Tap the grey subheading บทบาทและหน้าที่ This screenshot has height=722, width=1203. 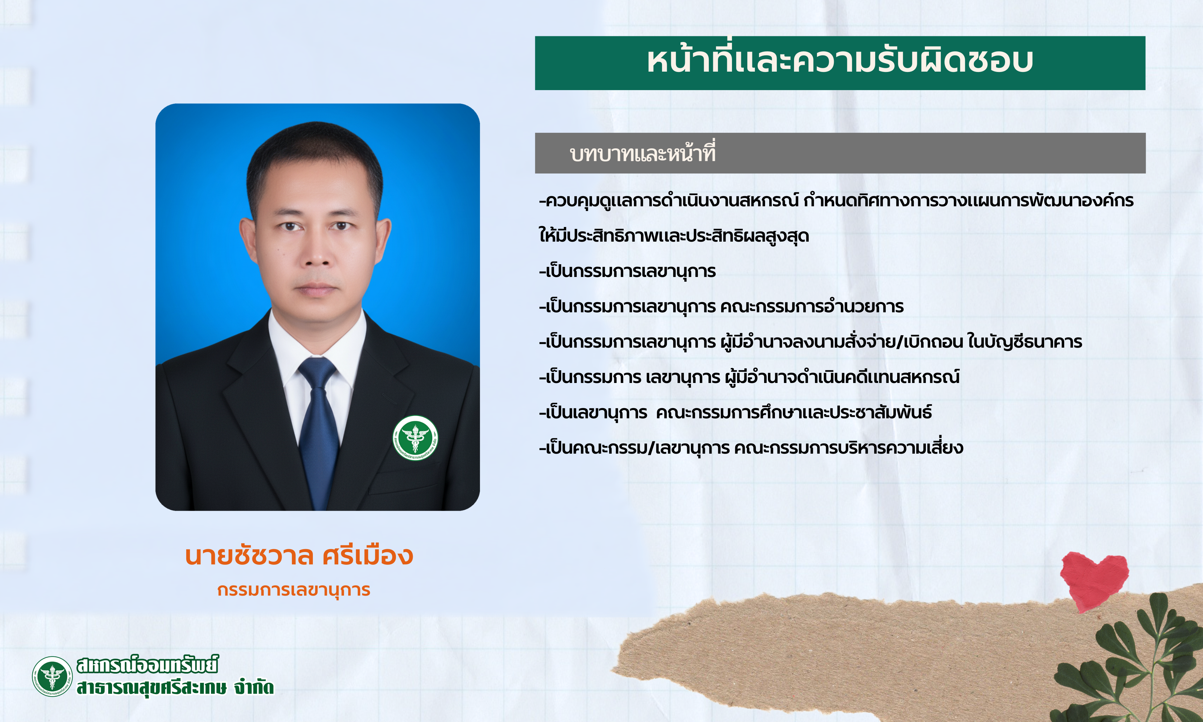642,153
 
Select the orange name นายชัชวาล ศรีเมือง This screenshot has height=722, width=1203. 299,555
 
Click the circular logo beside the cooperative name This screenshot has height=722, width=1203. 52,676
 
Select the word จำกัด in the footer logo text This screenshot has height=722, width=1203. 254,687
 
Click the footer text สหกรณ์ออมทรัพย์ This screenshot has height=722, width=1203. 147,665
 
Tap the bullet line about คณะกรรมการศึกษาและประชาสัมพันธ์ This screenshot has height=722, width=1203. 735,412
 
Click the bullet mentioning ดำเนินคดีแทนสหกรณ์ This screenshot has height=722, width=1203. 749,377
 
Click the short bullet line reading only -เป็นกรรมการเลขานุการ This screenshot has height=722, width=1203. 627,271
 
